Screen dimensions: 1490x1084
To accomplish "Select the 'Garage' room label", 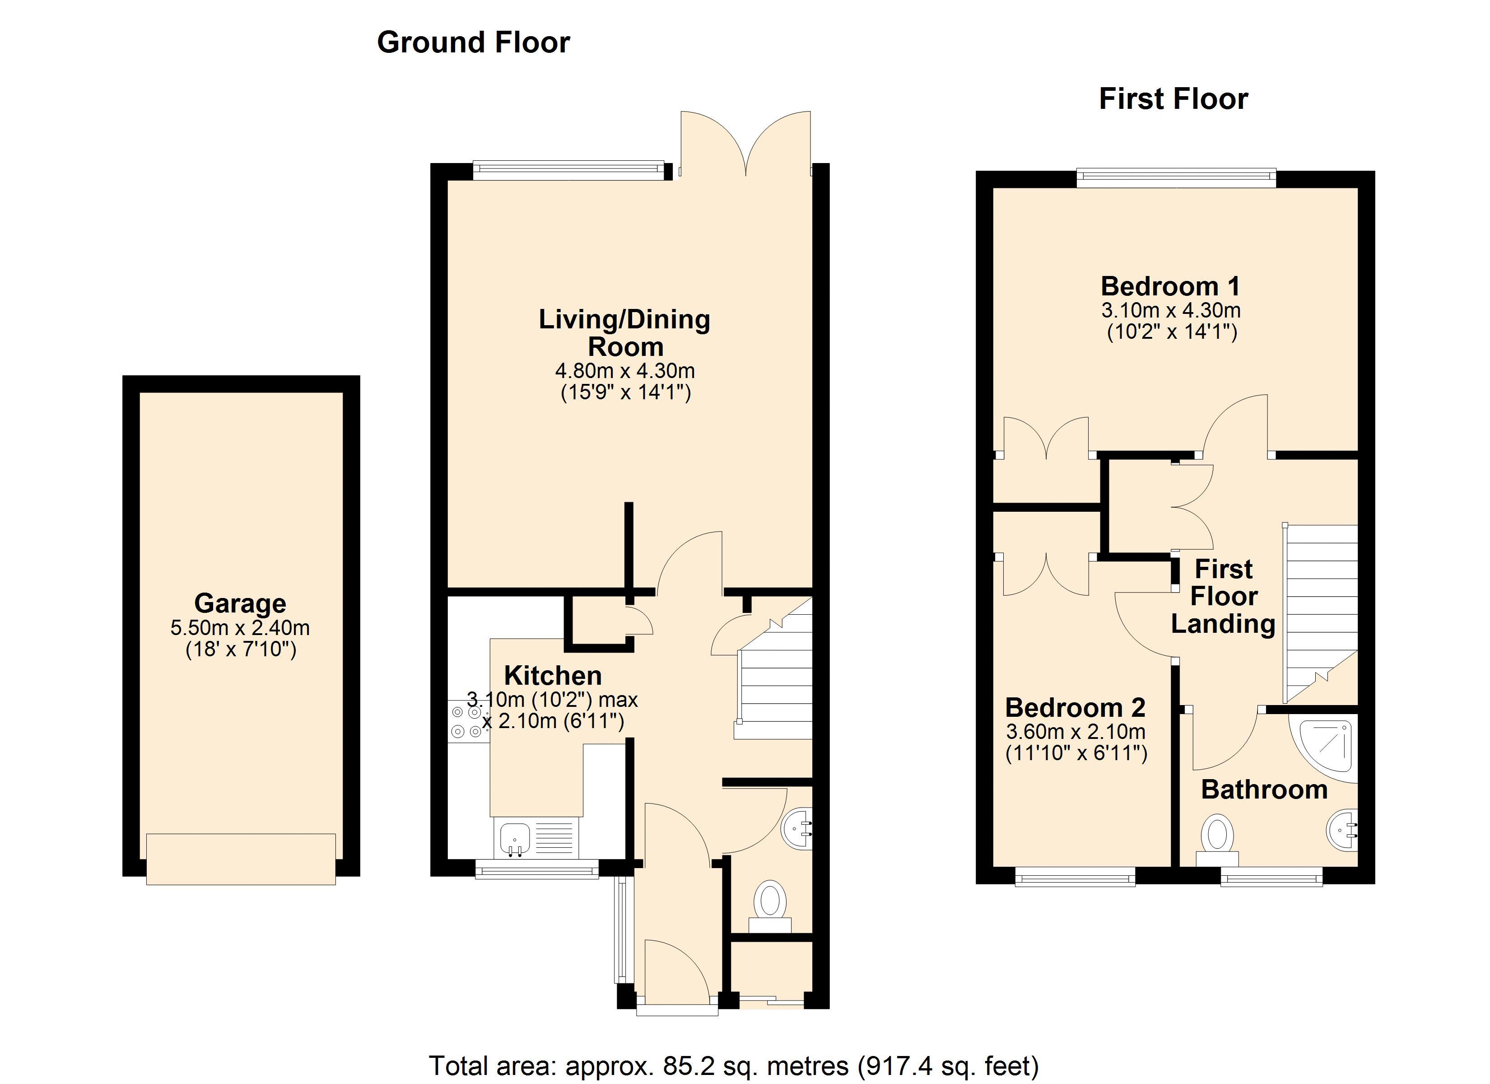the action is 241,603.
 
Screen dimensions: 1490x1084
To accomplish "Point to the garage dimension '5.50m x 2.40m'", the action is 241,628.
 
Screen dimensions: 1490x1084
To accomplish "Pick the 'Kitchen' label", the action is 553,676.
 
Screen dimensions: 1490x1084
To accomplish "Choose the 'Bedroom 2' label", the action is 1076,708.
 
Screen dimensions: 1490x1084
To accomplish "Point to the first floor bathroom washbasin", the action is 1342,832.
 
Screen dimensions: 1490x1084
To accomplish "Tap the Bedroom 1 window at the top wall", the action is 1176,174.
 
